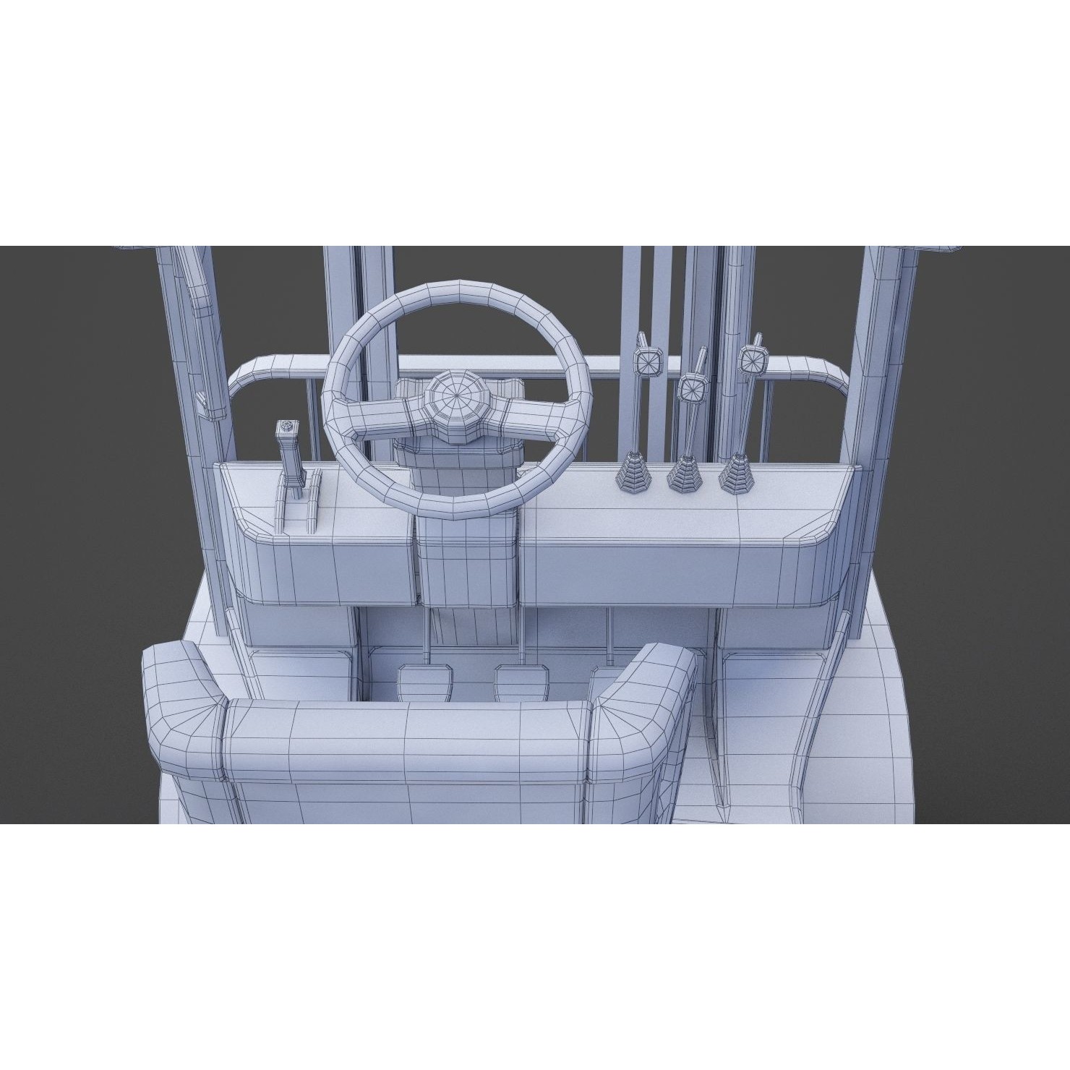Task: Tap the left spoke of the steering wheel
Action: [x=379, y=419]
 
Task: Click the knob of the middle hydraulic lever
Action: [x=693, y=388]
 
